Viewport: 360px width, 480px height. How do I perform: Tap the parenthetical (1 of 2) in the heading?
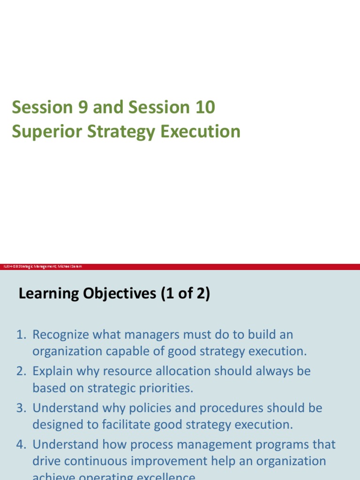click(185, 294)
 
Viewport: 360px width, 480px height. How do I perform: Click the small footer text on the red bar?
click(43, 267)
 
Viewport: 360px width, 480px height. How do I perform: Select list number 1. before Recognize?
click(22, 335)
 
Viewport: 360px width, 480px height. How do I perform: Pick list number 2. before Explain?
click(22, 371)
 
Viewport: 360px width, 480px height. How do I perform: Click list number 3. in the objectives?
click(22, 408)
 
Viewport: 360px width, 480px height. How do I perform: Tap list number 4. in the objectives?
click(22, 444)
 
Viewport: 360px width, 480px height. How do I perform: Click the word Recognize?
click(61, 335)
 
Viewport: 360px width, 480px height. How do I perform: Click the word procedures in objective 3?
click(227, 408)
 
